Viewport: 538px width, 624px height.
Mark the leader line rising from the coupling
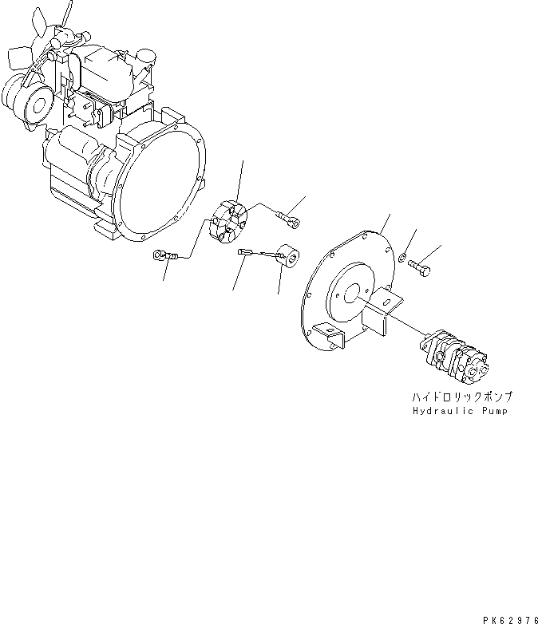240,180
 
